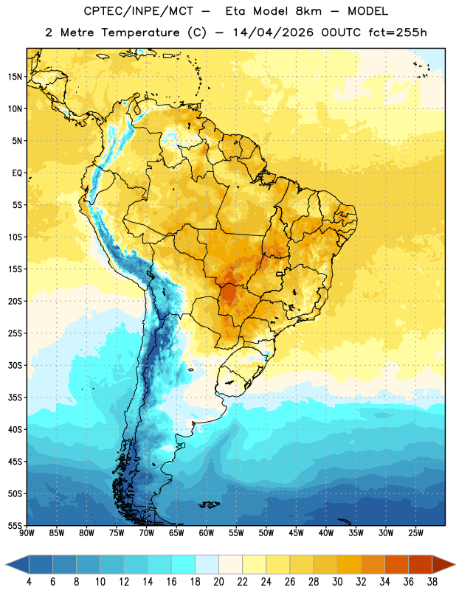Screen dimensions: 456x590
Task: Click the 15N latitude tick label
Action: click(15, 77)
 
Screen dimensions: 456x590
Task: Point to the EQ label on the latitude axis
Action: click(17, 173)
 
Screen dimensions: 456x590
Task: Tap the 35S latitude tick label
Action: click(15, 398)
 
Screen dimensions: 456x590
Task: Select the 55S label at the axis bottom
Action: click(15, 524)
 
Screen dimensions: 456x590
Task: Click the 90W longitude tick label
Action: click(27, 533)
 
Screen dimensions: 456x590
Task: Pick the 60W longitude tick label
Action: click(207, 533)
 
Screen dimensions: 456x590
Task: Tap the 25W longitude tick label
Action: click(415, 533)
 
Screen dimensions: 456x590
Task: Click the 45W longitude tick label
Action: click(296, 533)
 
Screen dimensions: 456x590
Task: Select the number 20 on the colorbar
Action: click(218, 582)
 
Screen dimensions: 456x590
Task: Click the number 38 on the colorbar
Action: click(432, 582)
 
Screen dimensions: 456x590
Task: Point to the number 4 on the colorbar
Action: click(29, 582)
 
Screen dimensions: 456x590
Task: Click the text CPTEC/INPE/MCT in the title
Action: click(139, 11)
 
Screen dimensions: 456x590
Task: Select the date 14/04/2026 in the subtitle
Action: click(273, 32)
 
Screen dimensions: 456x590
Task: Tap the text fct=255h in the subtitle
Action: click(398, 32)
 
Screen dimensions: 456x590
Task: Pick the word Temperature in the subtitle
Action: click(140, 33)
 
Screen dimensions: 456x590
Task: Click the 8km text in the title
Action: click(308, 11)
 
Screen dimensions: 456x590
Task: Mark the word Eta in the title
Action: click(235, 11)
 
